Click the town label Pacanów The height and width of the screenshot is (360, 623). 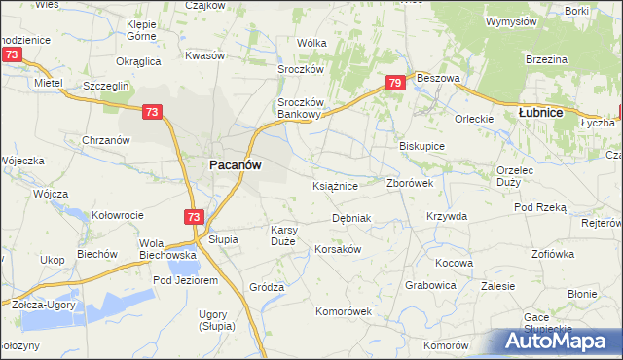pyautogui.click(x=235, y=165)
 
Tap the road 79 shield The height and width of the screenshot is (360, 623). pyautogui.click(x=394, y=84)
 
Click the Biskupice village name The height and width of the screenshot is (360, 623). pyautogui.click(x=422, y=146)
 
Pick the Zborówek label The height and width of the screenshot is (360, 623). pyautogui.click(x=417, y=182)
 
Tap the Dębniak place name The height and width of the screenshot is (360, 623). pyautogui.click(x=351, y=218)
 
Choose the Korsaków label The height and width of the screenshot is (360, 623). pyautogui.click(x=338, y=249)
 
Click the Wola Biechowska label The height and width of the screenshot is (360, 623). pyautogui.click(x=168, y=249)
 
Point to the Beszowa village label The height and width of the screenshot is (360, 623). pyautogui.click(x=437, y=77)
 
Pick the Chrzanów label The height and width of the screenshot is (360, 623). pyautogui.click(x=106, y=140)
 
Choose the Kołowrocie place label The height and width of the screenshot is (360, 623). pyautogui.click(x=117, y=215)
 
